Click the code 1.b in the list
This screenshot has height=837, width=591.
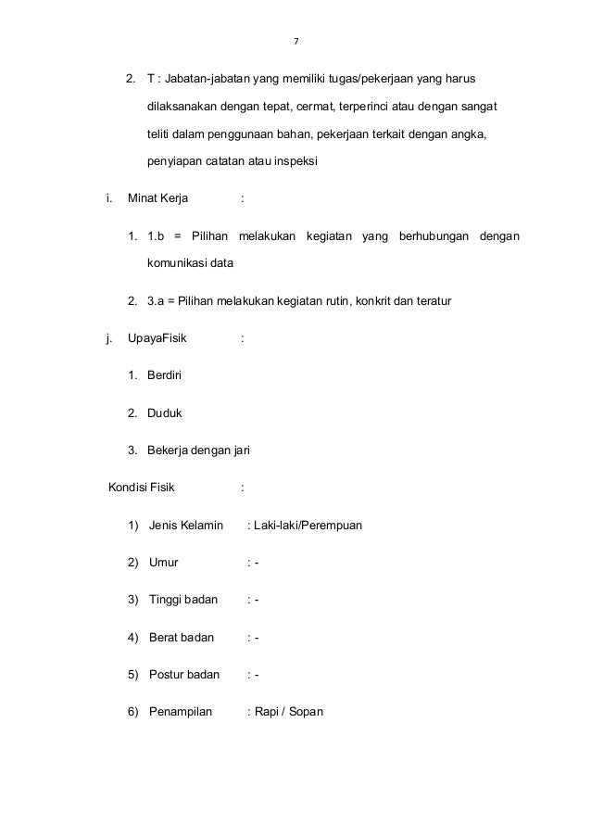tap(156, 235)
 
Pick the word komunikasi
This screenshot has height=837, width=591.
tap(177, 264)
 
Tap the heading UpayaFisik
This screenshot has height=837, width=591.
tap(157, 338)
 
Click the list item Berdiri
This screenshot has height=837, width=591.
tap(167, 375)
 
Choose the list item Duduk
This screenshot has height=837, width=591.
tap(165, 412)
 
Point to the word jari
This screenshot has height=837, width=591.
tap(240, 450)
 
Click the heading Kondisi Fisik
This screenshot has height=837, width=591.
tap(144, 488)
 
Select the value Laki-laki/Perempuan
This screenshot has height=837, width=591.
tap(308, 526)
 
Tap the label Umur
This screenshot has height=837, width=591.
tap(164, 563)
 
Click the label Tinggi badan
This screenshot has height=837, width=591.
tap(182, 600)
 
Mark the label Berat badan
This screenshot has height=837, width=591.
tap(181, 638)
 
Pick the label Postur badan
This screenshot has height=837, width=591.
tap(183, 675)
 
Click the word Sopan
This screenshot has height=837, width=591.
tap(304, 712)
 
